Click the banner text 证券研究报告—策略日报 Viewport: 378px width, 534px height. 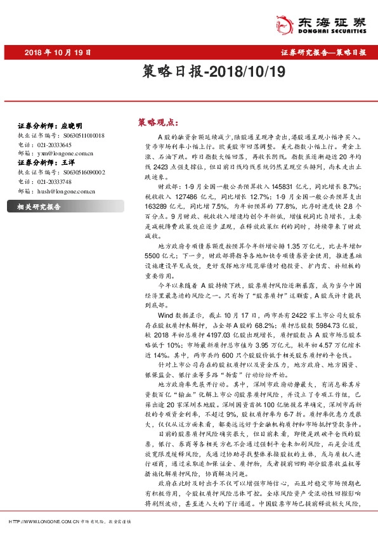[323, 52]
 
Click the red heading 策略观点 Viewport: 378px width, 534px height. [157, 122]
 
